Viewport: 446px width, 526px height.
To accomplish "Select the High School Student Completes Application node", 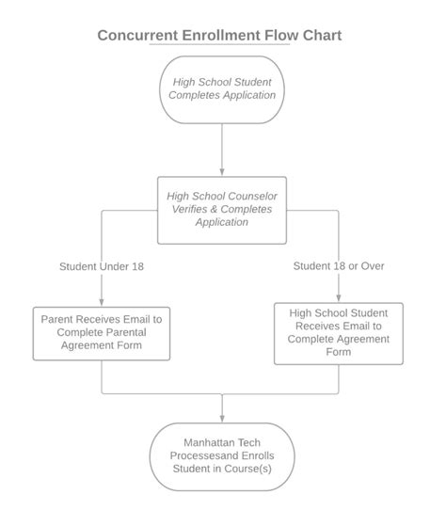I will (x=222, y=88).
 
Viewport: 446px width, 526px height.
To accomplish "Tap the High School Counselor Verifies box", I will (x=222, y=209).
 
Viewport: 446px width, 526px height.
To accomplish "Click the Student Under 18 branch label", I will (x=101, y=266).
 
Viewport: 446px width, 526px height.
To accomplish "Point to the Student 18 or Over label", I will (x=339, y=266).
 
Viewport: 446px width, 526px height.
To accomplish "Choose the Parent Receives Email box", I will (x=101, y=332).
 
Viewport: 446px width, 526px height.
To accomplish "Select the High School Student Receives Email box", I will (x=339, y=332).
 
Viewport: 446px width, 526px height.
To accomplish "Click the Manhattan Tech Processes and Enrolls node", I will (x=222, y=455).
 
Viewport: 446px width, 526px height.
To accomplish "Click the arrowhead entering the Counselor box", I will (x=222, y=174).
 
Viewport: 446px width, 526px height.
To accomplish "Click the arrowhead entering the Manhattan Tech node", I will (x=222, y=419).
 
